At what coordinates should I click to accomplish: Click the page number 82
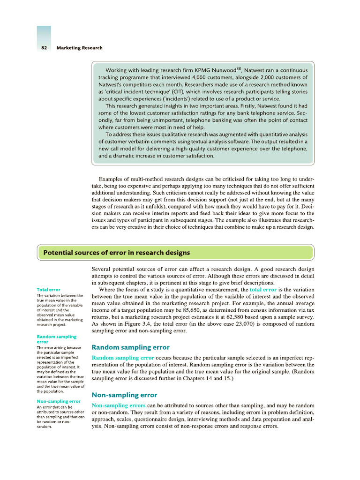point(44,48)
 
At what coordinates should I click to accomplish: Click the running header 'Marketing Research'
point(79,48)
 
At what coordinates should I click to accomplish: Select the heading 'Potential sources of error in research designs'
point(117,253)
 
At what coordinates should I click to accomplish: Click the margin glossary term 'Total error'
point(48,290)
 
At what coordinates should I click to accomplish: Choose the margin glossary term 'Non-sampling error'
point(59,401)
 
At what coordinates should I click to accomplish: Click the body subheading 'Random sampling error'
point(130,347)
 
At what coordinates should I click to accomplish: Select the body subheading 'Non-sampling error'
point(124,395)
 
